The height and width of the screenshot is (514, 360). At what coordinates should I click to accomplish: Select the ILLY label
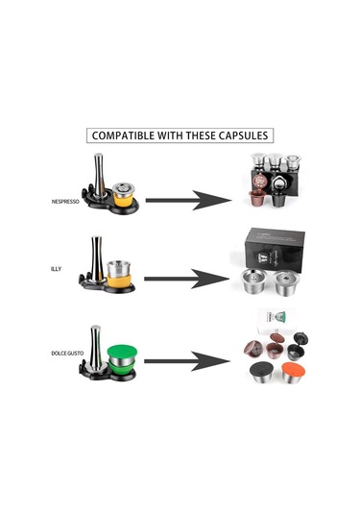58,269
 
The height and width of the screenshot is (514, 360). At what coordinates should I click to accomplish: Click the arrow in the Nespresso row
187,200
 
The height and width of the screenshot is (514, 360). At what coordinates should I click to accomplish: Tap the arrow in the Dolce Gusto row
187,362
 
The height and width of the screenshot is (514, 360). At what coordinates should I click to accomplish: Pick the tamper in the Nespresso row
99,179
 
